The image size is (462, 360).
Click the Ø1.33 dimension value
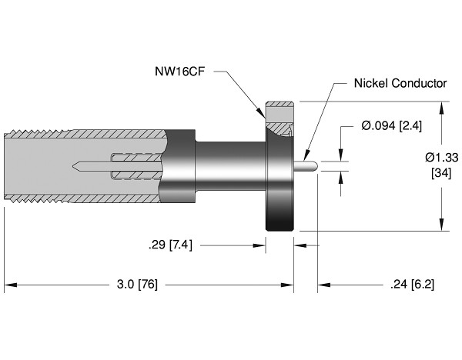pyautogui.click(x=440, y=157)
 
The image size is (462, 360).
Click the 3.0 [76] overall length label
pyautogui.click(x=136, y=284)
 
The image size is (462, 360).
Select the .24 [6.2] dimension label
pyautogui.click(x=412, y=284)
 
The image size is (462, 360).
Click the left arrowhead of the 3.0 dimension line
pyautogui.click(x=8, y=284)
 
